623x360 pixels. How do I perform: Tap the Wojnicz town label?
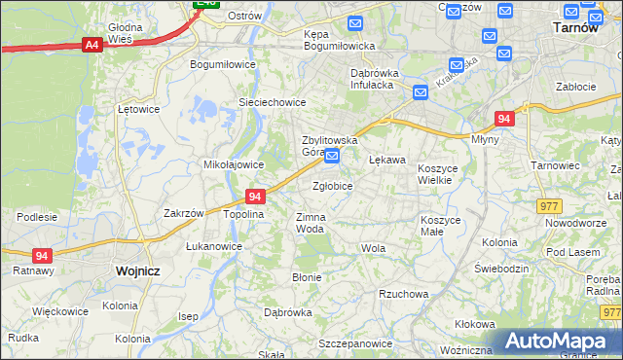tap(136, 271)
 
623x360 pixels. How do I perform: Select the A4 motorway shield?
tap(92, 44)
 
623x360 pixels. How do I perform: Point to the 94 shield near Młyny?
tap(503, 119)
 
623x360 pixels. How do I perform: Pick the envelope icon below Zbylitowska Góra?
tap(332, 156)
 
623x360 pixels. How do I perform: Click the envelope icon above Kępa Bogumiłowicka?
tap(356, 22)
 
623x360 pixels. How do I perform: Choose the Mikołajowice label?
tap(229, 164)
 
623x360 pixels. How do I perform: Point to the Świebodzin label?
tap(500, 268)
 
